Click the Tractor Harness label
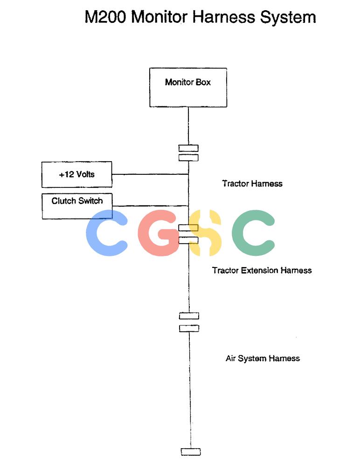(x=252, y=183)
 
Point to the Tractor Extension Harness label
(x=262, y=270)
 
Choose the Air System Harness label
(x=263, y=358)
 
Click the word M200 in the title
(x=105, y=17)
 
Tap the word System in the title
(x=288, y=17)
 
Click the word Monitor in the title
(x=159, y=17)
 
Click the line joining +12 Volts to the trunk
(x=150, y=174)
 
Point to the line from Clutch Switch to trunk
(x=151, y=206)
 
